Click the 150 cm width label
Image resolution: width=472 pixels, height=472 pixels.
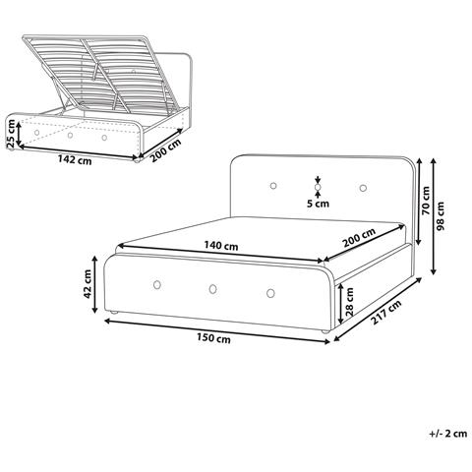(x=213, y=338)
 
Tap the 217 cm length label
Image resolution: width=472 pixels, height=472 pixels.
(x=386, y=312)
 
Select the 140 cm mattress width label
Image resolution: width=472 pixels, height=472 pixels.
(x=221, y=246)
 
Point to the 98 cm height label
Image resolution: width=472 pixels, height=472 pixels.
(x=441, y=215)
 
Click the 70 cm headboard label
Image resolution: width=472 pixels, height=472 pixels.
(x=426, y=201)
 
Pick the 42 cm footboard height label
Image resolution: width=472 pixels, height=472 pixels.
(x=88, y=284)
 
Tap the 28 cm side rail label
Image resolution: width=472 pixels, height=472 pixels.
(x=349, y=302)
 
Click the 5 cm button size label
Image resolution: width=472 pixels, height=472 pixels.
(x=318, y=204)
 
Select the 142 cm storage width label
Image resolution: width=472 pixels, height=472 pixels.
(x=75, y=159)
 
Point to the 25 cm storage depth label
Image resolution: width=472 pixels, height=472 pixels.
(x=11, y=133)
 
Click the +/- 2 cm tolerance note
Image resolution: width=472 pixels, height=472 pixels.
(x=448, y=434)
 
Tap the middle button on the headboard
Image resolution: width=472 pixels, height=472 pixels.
(x=318, y=187)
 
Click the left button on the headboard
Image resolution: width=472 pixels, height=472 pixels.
(x=273, y=186)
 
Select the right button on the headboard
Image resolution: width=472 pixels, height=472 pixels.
(x=363, y=188)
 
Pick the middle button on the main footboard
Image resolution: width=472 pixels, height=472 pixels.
(x=212, y=289)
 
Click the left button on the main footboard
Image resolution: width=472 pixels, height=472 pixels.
(x=157, y=285)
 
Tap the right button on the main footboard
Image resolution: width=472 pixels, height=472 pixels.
(x=270, y=293)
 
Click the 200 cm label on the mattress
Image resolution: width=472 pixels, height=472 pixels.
(x=359, y=238)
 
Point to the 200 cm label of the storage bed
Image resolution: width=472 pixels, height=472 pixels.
(x=165, y=150)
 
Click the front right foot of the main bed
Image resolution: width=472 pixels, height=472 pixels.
(x=324, y=332)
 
